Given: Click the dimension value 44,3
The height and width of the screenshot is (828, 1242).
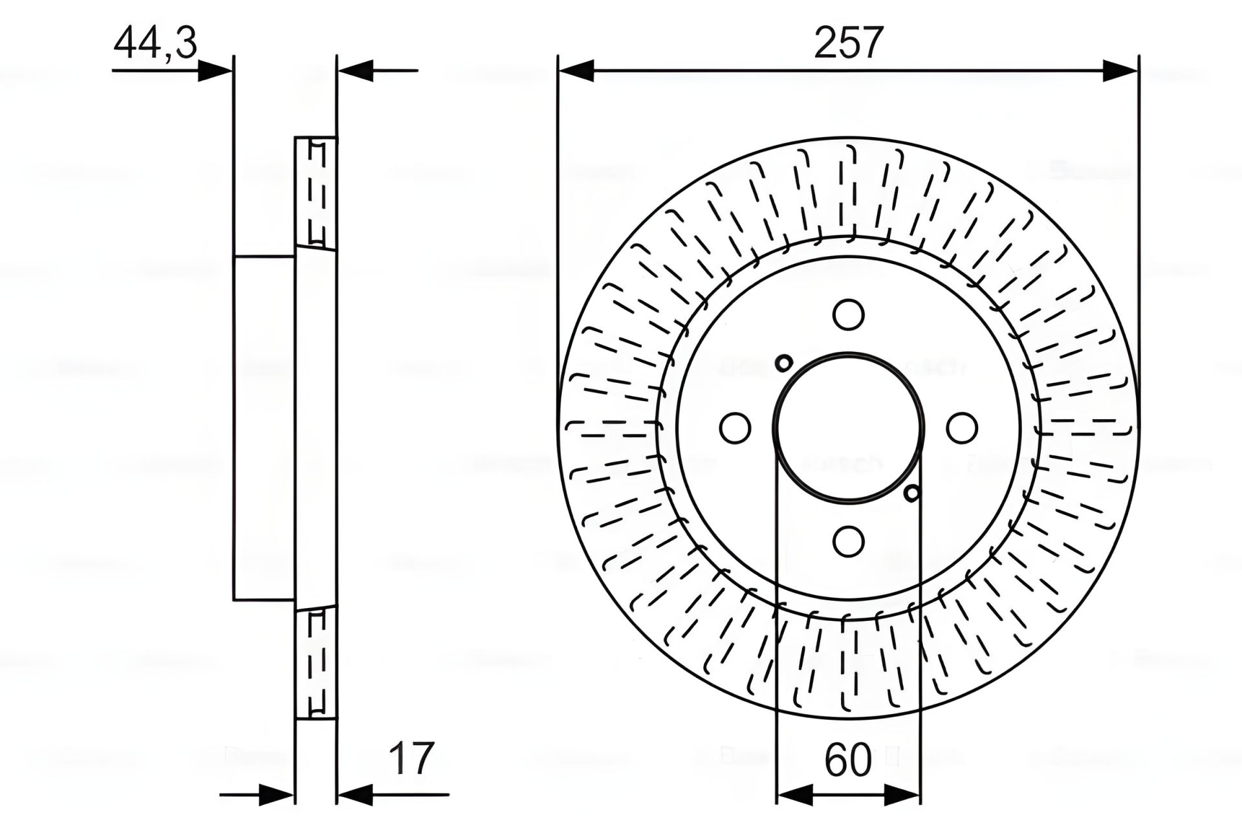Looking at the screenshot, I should [x=155, y=44].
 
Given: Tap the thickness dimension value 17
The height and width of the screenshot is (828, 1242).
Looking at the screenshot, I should [x=412, y=759].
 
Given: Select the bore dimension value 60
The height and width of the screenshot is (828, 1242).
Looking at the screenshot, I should [x=848, y=761].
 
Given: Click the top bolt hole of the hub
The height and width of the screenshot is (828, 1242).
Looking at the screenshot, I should [x=848, y=314].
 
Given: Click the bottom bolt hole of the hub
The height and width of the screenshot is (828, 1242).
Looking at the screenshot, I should [x=848, y=541].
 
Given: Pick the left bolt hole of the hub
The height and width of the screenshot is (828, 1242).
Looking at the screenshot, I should [x=735, y=428].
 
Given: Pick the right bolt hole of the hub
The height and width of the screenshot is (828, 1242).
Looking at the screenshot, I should [x=962, y=428].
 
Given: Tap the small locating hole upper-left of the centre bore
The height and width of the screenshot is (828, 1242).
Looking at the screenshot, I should [x=783, y=363].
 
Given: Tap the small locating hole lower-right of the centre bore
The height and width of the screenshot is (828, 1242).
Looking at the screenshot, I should [x=912, y=494].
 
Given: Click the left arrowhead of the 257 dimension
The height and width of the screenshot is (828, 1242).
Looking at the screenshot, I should [x=576, y=71].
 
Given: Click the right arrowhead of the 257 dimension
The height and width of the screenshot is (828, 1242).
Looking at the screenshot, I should [x=1120, y=71].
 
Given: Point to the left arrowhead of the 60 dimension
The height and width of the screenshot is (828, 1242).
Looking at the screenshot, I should [x=794, y=794].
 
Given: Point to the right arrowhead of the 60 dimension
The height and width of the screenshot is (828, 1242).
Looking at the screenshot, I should [x=902, y=794].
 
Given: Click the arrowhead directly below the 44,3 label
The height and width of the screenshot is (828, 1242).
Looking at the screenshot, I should [x=213, y=71].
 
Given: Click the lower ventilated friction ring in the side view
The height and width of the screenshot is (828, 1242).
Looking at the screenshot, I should [x=316, y=663].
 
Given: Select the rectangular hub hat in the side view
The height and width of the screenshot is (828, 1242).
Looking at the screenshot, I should [x=264, y=428].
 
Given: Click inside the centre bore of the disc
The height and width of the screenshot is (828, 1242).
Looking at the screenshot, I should [x=848, y=428].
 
